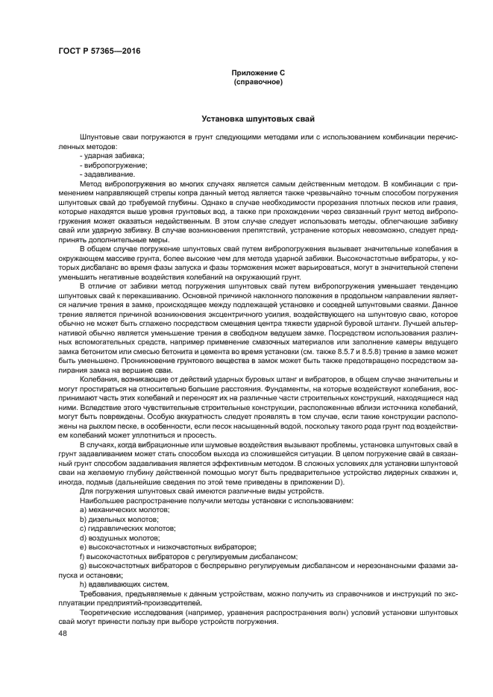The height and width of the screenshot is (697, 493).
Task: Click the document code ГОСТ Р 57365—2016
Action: tap(98, 51)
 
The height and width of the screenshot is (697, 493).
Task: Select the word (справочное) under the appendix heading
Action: tap(257, 81)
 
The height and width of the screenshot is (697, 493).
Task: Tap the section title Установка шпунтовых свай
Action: tap(258, 119)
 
